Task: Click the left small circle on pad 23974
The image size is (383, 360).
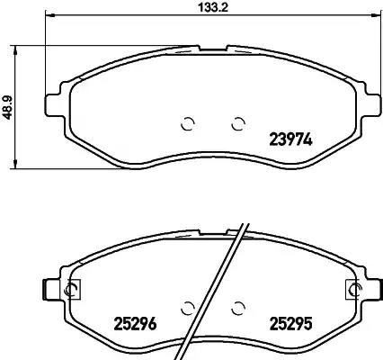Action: (188, 124)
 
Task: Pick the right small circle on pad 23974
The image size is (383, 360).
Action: (238, 124)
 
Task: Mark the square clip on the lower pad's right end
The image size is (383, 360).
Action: (352, 289)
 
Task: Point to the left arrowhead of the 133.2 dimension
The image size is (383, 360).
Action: (50, 17)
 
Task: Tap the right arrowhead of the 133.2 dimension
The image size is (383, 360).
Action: (375, 17)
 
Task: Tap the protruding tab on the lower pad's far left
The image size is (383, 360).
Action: (47, 289)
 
